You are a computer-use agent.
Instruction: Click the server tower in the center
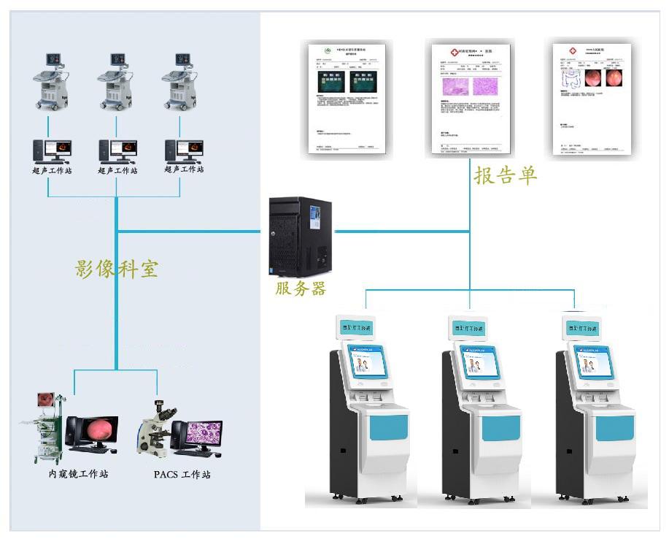(x=301, y=235)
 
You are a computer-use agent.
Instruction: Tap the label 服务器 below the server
(x=300, y=288)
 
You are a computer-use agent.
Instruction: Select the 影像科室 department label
(x=117, y=269)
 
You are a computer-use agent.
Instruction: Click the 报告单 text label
(x=505, y=175)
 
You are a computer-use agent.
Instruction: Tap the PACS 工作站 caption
(x=182, y=475)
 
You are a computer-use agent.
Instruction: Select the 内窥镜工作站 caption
(x=78, y=475)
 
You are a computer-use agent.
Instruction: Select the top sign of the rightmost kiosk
(x=581, y=328)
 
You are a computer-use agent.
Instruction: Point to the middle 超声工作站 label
(x=117, y=170)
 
